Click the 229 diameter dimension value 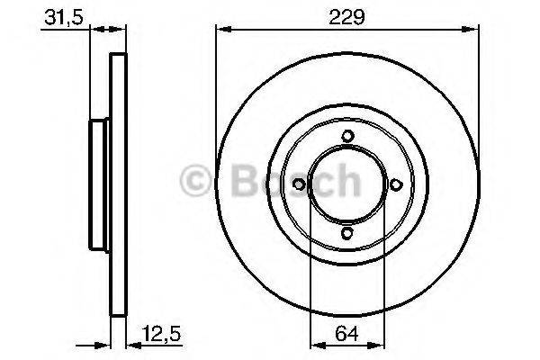pyautogui.click(x=346, y=15)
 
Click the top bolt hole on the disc pyautogui.click(x=347, y=136)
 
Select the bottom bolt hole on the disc pyautogui.click(x=347, y=232)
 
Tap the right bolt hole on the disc pyautogui.click(x=395, y=184)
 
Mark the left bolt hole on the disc pyautogui.click(x=300, y=184)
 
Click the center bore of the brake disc pyautogui.click(x=347, y=184)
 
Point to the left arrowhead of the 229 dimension pyautogui.click(x=220, y=31)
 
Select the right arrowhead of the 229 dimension pyautogui.click(x=474, y=31)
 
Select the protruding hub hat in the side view pyautogui.click(x=97, y=184)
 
